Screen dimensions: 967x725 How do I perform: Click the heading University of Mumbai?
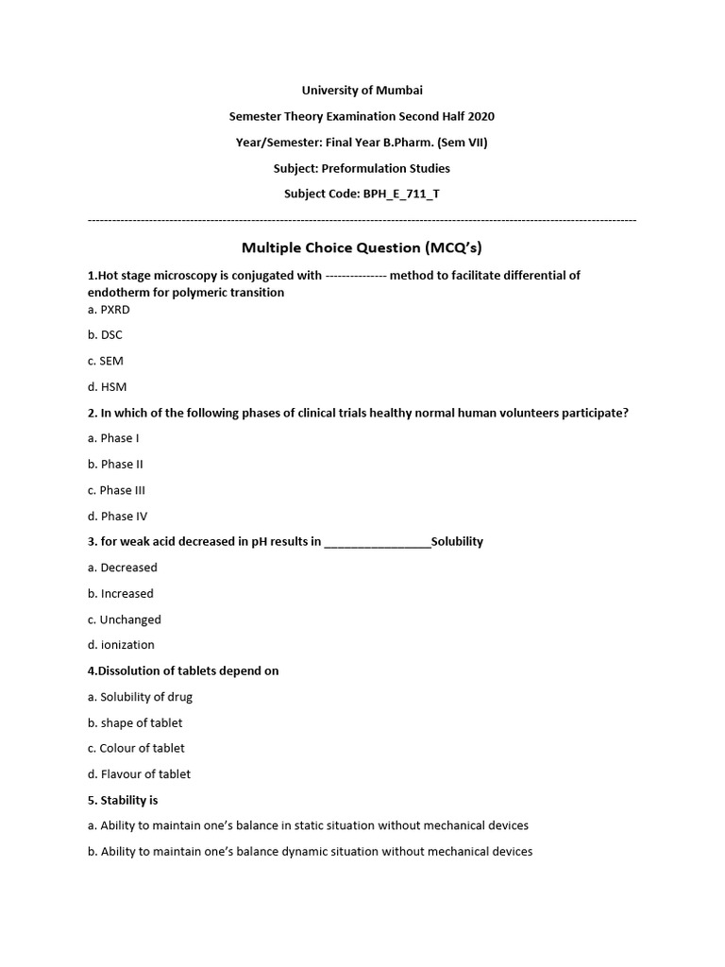[362, 90]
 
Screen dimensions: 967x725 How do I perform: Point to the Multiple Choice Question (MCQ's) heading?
[362, 247]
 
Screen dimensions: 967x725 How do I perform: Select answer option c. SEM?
[106, 361]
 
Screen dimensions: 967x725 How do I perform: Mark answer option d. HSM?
[107, 386]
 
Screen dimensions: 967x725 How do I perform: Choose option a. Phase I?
[113, 438]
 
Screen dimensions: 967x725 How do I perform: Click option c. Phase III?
[116, 490]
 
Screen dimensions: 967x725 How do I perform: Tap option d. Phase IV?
[117, 516]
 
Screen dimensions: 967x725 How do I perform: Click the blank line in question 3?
[377, 543]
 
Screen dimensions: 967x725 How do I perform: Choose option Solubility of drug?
[146, 697]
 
